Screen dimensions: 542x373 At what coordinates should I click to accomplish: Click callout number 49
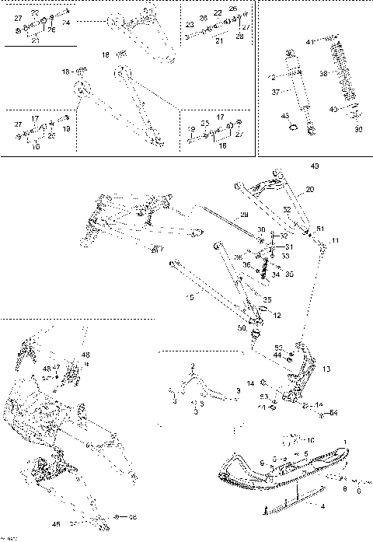click(x=314, y=166)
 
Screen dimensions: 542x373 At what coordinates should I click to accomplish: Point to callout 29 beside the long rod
click(x=244, y=214)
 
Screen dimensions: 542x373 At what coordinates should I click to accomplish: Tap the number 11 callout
click(x=335, y=242)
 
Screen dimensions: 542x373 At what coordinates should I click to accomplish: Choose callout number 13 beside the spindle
click(x=326, y=369)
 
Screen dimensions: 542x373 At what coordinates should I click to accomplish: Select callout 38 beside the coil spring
click(x=323, y=75)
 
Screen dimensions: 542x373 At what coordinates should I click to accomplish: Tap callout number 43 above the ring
click(x=285, y=115)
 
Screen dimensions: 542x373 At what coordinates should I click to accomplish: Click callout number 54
click(x=333, y=412)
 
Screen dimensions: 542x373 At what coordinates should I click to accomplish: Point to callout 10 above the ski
click(x=310, y=439)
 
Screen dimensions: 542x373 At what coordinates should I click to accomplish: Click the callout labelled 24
click(x=65, y=23)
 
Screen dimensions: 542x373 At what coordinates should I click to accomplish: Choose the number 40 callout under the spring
click(x=333, y=109)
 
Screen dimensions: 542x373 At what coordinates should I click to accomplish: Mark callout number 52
click(x=287, y=209)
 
